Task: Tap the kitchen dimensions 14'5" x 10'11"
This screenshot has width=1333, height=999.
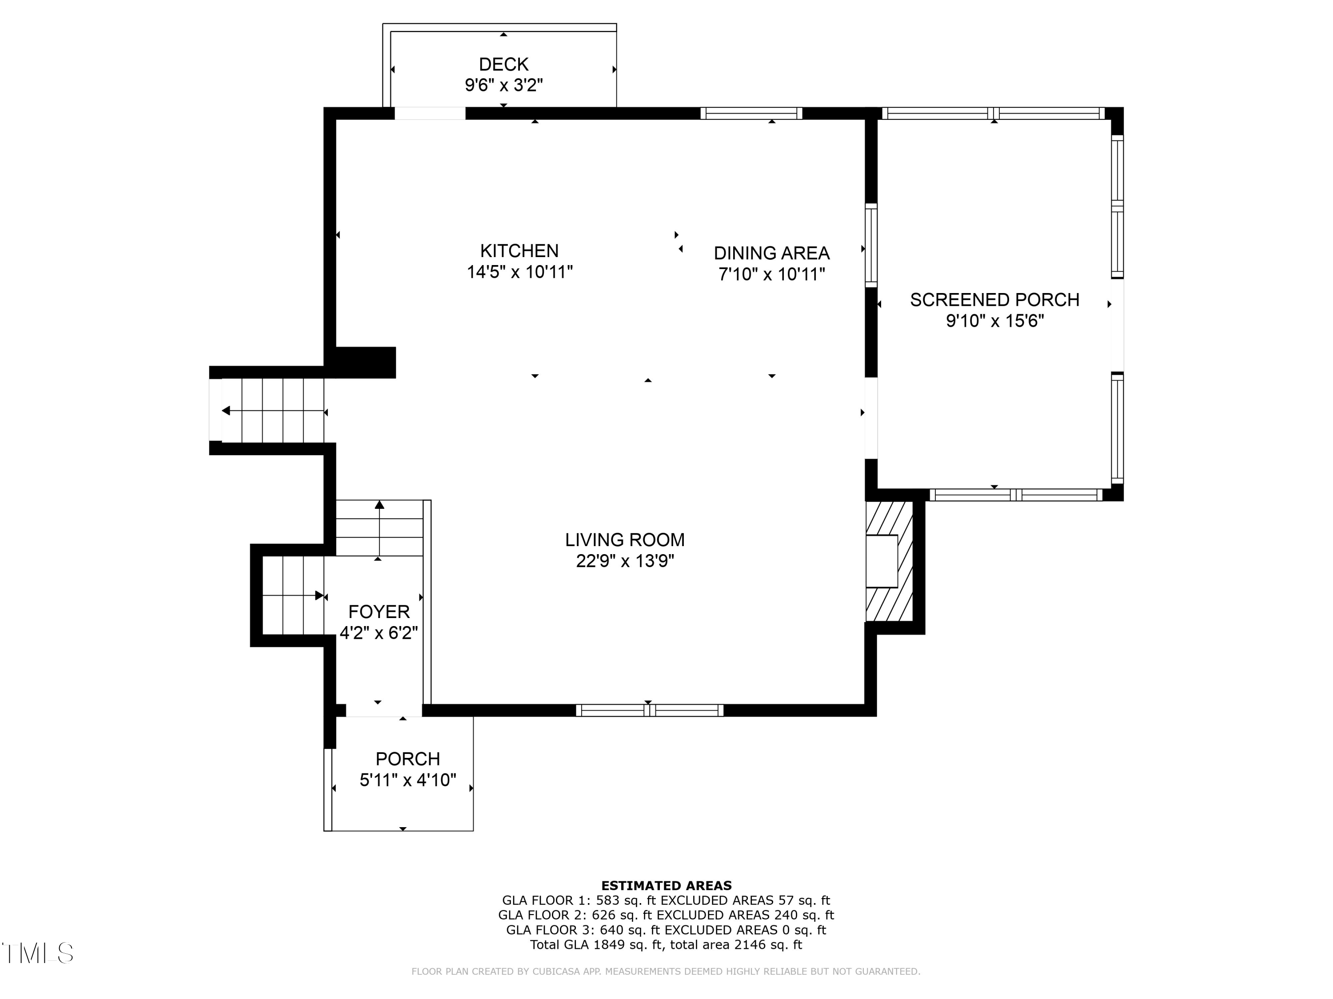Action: pyautogui.click(x=519, y=272)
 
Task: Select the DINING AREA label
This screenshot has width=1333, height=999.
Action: pyautogui.click(x=771, y=253)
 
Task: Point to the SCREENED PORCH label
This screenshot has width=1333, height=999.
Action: pyautogui.click(x=994, y=300)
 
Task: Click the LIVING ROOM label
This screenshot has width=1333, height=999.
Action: pyautogui.click(x=625, y=539)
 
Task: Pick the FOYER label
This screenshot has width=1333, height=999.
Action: pyautogui.click(x=379, y=612)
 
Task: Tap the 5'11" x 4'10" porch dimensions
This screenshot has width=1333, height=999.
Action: pyautogui.click(x=408, y=781)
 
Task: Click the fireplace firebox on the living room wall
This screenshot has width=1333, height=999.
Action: pyautogui.click(x=882, y=561)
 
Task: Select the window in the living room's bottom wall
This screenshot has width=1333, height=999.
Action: pyautogui.click(x=649, y=710)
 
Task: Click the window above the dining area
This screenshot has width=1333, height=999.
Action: pyautogui.click(x=751, y=114)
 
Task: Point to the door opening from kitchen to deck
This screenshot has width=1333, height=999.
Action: pyautogui.click(x=430, y=114)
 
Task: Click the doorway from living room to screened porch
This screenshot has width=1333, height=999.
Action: pyautogui.click(x=871, y=418)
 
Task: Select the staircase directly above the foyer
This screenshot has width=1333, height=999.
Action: pyautogui.click(x=379, y=528)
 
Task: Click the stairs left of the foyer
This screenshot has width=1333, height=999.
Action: pyautogui.click(x=293, y=595)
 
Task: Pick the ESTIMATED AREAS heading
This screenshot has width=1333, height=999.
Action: pyautogui.click(x=666, y=885)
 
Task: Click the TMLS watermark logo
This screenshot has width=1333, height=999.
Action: pyautogui.click(x=37, y=953)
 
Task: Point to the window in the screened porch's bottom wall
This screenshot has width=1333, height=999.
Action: pyautogui.click(x=1016, y=495)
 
